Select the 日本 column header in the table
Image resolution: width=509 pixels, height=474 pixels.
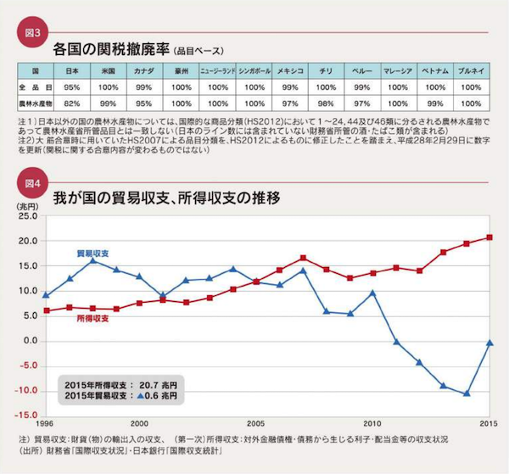[72, 71]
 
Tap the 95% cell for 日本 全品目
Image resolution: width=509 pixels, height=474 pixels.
[72, 87]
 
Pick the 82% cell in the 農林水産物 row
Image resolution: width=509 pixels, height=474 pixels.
[72, 102]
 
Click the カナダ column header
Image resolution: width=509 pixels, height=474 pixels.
[143, 71]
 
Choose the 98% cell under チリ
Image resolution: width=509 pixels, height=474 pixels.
[325, 102]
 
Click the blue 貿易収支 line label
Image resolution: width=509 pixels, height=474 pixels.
[91, 254]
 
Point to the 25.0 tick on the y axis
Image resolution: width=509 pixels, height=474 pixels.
[26, 216]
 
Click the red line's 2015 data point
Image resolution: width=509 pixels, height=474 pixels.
[489, 237]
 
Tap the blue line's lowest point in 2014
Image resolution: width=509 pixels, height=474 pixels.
[466, 393]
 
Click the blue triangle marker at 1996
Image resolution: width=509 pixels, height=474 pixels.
[45, 296]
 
